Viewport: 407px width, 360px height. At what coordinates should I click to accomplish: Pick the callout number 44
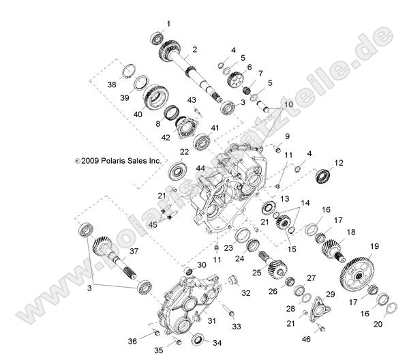[181, 167]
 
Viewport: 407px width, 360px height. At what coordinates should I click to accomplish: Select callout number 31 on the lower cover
[211, 321]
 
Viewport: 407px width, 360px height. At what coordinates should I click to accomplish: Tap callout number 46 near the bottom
[305, 339]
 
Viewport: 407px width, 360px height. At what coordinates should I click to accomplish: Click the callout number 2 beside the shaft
[195, 50]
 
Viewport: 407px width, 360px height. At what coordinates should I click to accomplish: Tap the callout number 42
[165, 137]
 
